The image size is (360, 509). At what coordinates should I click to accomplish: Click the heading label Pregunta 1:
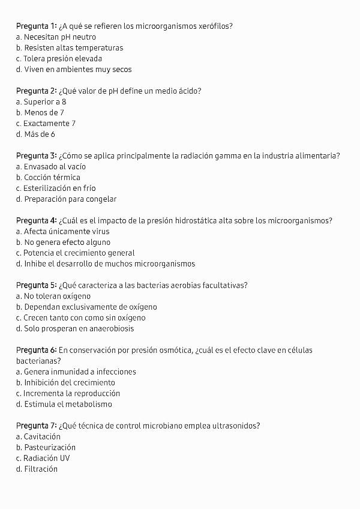pyautogui.click(x=36, y=26)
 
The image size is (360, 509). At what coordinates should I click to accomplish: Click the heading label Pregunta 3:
pyautogui.click(x=36, y=155)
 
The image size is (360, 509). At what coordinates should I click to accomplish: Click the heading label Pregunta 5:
pyautogui.click(x=36, y=285)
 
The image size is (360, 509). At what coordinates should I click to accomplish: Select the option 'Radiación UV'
pyautogui.click(x=43, y=458)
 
